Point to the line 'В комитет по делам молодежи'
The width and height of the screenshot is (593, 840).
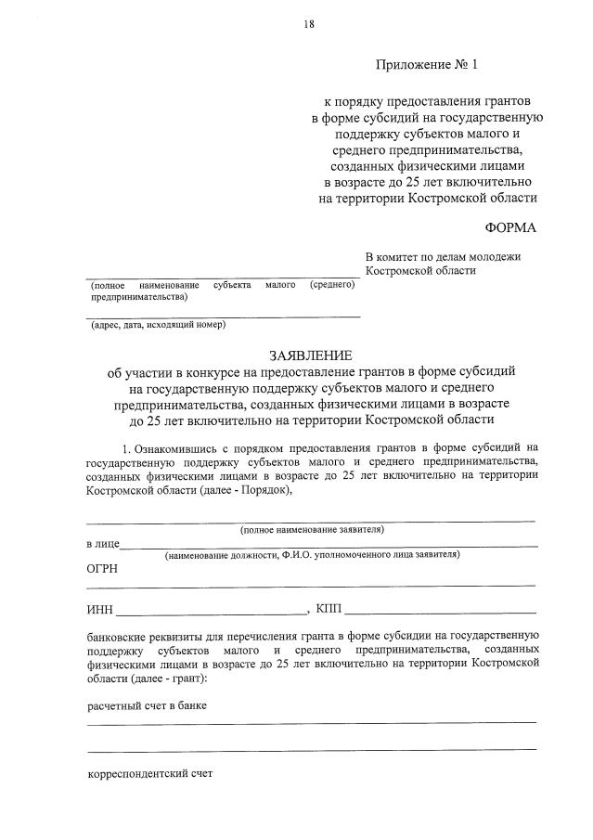pyautogui.click(x=444, y=257)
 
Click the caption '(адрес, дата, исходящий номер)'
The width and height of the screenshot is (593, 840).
pyautogui.click(x=158, y=325)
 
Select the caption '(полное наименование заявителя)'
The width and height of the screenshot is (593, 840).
pyautogui.click(x=312, y=529)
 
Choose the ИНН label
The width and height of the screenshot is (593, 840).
pyautogui.click(x=99, y=609)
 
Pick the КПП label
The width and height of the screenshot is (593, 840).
pyautogui.click(x=329, y=609)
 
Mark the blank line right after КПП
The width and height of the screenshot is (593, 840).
pyautogui.click(x=440, y=612)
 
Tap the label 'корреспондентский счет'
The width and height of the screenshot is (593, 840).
pyautogui.click(x=149, y=772)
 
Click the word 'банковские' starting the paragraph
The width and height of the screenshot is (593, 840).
pyautogui.click(x=115, y=637)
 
